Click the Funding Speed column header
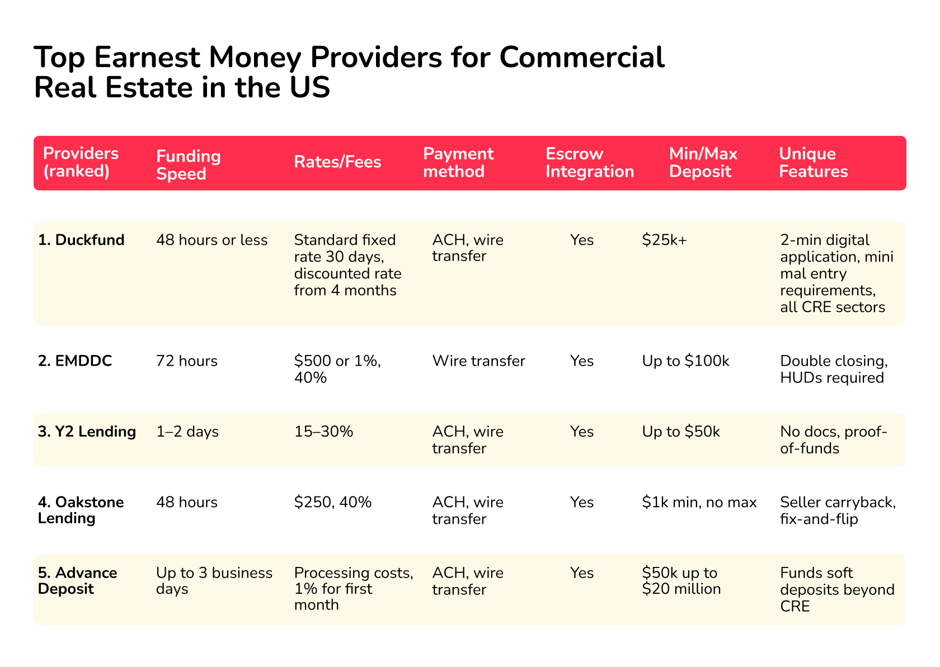coord(188,164)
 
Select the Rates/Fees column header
coord(337,162)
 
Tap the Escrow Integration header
coord(589,163)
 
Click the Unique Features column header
coord(813,163)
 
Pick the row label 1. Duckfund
coord(81,240)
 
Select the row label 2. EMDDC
coord(75,361)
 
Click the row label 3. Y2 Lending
coord(87,432)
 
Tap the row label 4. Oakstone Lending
coord(81,510)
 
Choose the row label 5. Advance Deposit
coord(77,581)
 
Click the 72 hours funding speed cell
coord(186,361)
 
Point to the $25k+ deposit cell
coord(664,240)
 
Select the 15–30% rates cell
coord(323,432)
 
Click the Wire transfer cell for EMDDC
coord(478,361)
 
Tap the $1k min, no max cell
coord(699,502)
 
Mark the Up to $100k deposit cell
coord(685,361)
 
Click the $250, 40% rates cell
coord(332,502)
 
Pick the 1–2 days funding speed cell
coord(187,432)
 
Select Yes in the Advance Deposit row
coord(581,573)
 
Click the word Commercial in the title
coord(581,57)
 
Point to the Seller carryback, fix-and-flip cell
coord(837,510)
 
